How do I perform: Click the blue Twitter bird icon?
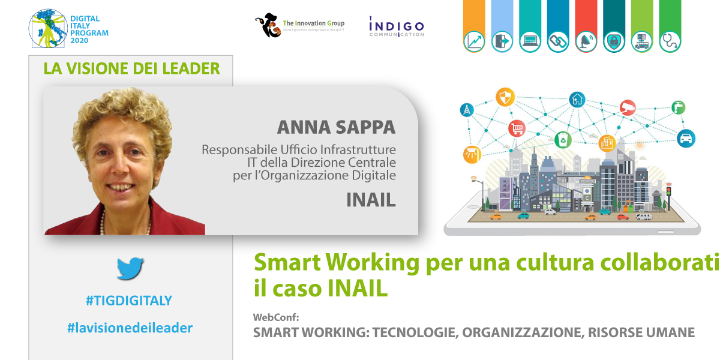coord(130,268)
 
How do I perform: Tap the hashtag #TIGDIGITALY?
coord(128,301)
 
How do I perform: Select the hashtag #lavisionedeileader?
coord(130,328)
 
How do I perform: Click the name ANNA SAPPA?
coord(336,127)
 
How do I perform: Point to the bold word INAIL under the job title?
coord(371,200)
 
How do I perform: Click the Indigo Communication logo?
coord(396,27)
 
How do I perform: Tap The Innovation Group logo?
coord(299,25)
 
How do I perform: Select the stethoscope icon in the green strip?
coord(670,41)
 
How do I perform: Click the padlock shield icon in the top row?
coord(614,41)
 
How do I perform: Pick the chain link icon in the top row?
coord(558,41)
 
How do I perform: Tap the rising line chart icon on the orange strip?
coord(474,41)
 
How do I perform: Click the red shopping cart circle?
coord(517,128)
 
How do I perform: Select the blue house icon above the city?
coord(577,99)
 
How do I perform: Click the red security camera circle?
coord(628,107)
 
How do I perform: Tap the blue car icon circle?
coord(686,139)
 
